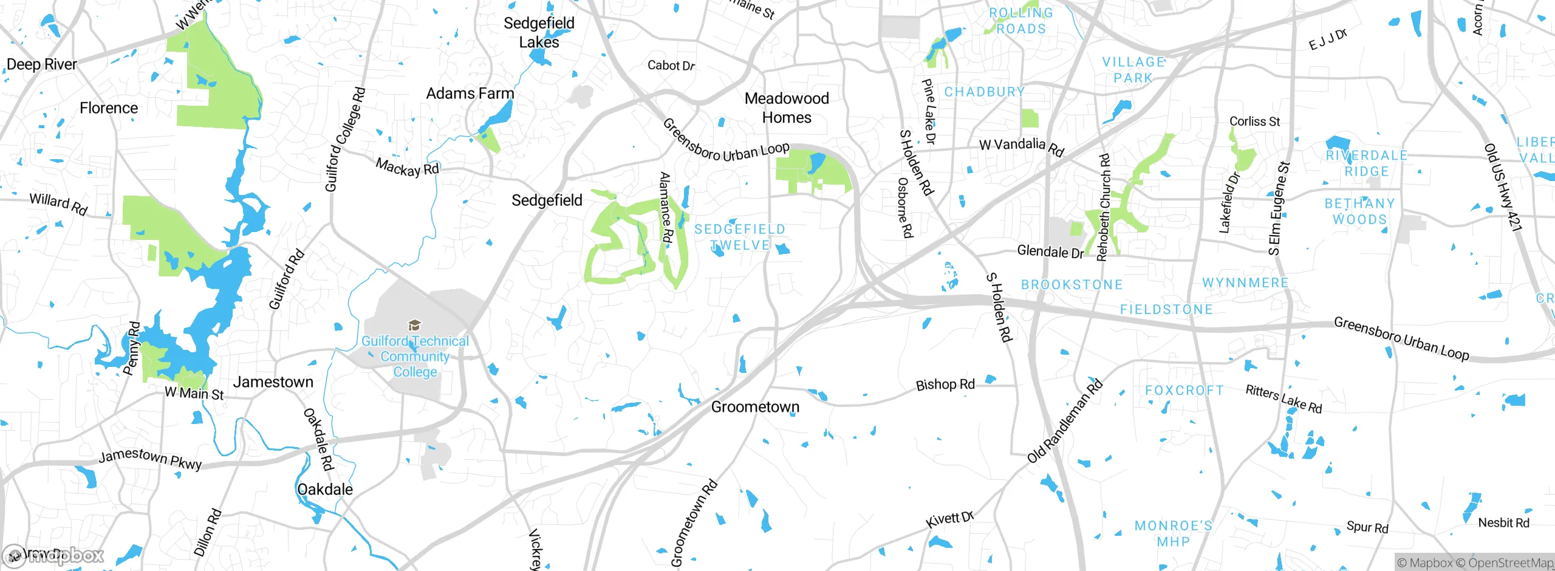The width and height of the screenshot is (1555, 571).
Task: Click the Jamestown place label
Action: (273, 382)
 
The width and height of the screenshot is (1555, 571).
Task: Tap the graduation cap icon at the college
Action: (414, 326)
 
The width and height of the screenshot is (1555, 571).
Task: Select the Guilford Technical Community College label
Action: (415, 357)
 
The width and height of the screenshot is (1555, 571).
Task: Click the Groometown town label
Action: (755, 407)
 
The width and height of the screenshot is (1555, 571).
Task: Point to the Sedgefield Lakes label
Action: (539, 32)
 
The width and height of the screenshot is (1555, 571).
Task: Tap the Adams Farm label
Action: (470, 94)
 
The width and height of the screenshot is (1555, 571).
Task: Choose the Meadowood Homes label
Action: (787, 108)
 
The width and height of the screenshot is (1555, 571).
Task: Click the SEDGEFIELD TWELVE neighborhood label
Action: (740, 237)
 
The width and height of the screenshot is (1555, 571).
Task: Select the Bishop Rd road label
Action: (945, 385)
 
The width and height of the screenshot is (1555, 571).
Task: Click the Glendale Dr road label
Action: (1050, 251)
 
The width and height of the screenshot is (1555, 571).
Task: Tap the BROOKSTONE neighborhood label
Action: (1071, 285)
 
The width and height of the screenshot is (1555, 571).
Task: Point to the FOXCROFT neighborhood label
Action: (1184, 390)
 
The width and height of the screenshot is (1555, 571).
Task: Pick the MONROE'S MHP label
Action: (1173, 533)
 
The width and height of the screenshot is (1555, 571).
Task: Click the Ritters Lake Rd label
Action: (1283, 399)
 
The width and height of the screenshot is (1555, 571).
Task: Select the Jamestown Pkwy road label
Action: (150, 459)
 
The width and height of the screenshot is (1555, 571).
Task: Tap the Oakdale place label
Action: (325, 490)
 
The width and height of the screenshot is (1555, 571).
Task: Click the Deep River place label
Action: (41, 64)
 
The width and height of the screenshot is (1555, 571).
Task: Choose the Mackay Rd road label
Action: (407, 167)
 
